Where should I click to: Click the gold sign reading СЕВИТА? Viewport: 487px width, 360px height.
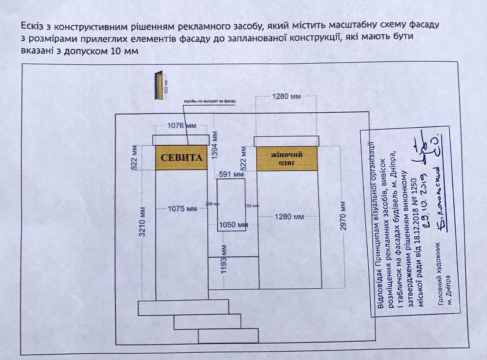coord(181,158)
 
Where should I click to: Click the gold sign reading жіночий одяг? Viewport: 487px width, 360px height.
coord(286,158)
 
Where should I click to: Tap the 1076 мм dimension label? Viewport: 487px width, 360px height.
coord(182,125)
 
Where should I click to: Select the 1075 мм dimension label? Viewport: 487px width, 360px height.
coord(182,209)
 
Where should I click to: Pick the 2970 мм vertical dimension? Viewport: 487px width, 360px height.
coord(343,216)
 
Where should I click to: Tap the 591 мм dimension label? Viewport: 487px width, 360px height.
coord(231,174)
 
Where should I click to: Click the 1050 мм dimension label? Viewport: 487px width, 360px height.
coord(233,225)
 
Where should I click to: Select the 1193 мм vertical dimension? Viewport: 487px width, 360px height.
coord(224,259)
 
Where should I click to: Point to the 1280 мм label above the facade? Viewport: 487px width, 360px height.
coord(286,96)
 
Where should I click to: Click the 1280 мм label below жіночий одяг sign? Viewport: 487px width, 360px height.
coord(289,217)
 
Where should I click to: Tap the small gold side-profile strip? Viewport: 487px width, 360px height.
coord(160,85)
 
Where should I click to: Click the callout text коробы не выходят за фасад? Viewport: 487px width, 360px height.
coord(209,101)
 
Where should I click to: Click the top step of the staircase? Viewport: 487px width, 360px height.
coord(183,308)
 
